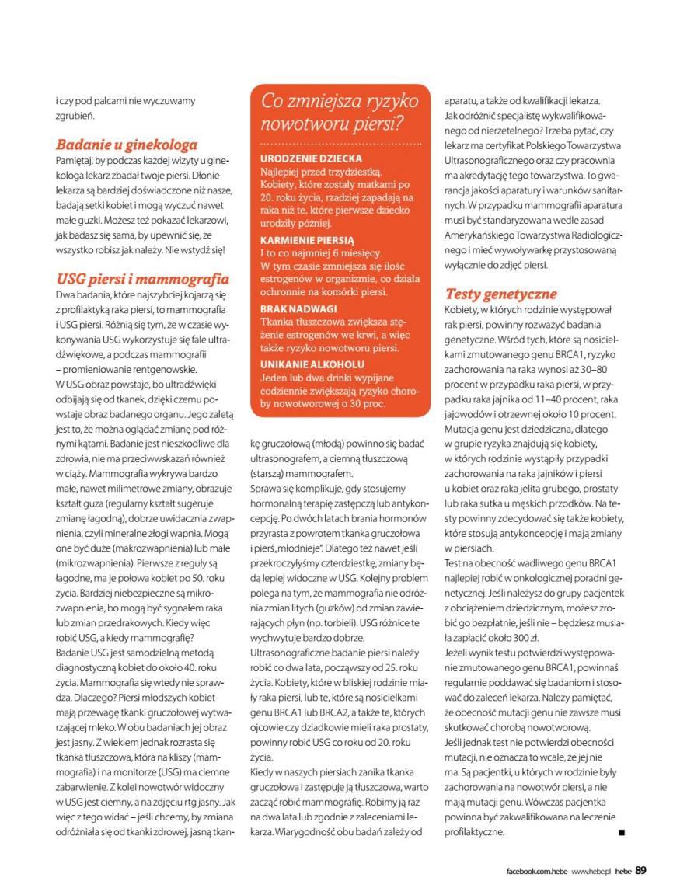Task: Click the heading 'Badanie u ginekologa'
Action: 126,144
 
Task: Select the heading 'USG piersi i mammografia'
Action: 142,278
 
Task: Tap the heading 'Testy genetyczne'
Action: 500,294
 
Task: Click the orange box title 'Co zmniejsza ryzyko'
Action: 340,101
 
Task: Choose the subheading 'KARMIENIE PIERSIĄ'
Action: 307,241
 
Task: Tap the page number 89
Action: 640,869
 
